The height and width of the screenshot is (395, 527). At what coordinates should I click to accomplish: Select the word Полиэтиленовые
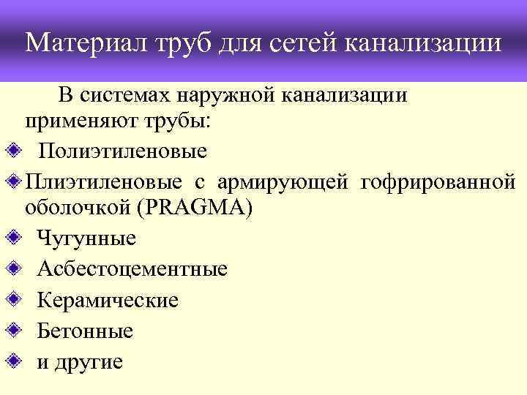coord(123,151)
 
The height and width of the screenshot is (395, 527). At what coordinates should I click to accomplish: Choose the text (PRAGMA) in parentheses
coord(200,208)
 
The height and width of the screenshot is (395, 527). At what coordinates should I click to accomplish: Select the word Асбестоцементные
coord(132,269)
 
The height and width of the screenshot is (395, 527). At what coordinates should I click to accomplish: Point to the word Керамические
coord(108,300)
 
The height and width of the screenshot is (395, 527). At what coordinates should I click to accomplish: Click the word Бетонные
coord(85,331)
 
